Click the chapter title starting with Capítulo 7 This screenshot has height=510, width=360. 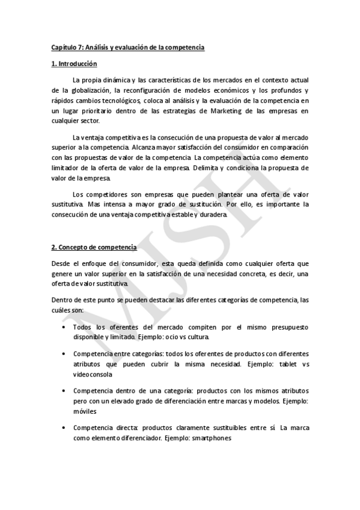tap(128, 48)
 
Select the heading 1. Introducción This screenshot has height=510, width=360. tap(75, 64)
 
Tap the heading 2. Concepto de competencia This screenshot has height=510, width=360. tap(94, 247)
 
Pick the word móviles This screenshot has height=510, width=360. tap(84, 411)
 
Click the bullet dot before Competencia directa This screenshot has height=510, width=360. tap(64, 428)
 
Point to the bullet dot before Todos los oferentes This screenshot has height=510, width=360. tap(64, 327)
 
